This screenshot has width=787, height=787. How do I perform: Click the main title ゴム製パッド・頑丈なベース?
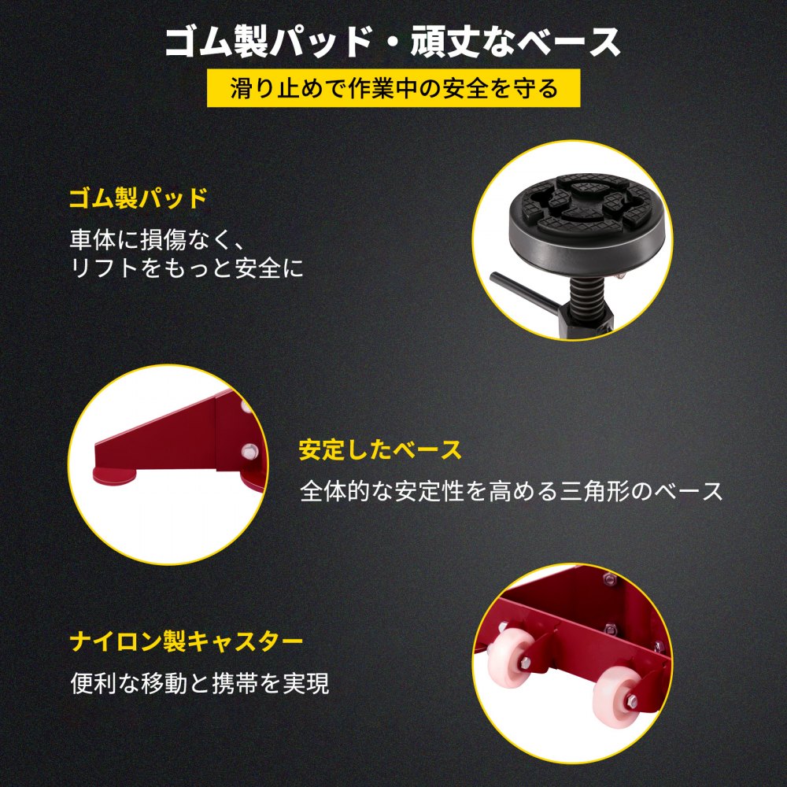pyautogui.click(x=393, y=42)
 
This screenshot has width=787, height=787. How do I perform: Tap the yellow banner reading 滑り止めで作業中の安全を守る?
pyautogui.click(x=393, y=88)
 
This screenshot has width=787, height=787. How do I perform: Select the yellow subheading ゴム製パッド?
pyautogui.click(x=138, y=198)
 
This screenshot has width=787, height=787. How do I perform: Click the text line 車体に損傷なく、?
pyautogui.click(x=157, y=239)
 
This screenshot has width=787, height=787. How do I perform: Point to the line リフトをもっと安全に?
pyautogui.click(x=187, y=268)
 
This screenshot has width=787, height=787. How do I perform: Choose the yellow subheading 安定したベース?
pyautogui.click(x=380, y=449)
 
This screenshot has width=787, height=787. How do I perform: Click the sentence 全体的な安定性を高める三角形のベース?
pyautogui.click(x=511, y=491)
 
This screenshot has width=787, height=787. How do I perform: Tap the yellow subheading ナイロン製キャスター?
pyautogui.click(x=187, y=641)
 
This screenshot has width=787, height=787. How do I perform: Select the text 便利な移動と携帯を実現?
pyautogui.click(x=200, y=682)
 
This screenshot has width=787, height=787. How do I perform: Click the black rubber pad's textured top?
pyautogui.click(x=583, y=201)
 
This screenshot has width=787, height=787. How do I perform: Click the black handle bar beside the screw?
pyautogui.click(x=527, y=292)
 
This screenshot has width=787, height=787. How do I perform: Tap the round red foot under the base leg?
pyautogui.click(x=114, y=476)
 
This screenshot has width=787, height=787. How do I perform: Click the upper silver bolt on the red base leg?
pyautogui.click(x=246, y=406)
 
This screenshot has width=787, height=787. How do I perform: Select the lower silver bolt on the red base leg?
pyautogui.click(x=248, y=452)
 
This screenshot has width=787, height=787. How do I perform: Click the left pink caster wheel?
pyautogui.click(x=512, y=656)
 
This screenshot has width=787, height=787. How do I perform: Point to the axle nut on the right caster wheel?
pyautogui.click(x=632, y=700)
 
